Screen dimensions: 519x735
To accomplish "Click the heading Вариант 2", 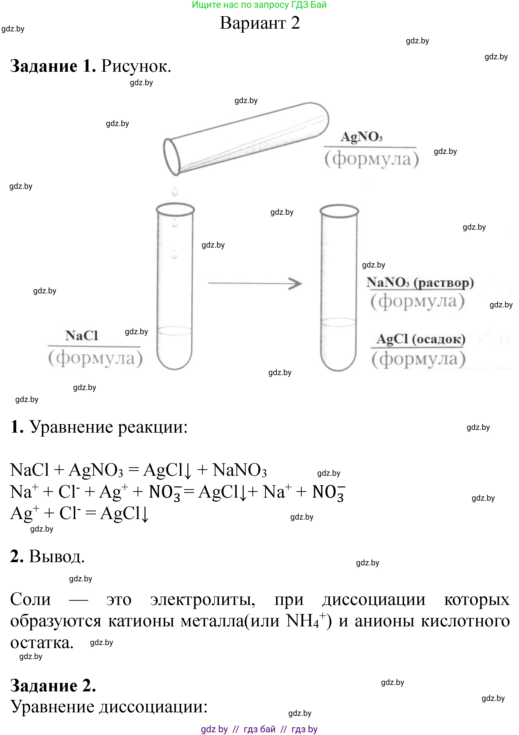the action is [260, 23].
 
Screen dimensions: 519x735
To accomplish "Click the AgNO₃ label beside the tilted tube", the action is [362, 137].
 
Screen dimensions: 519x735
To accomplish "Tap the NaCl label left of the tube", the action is [82, 335].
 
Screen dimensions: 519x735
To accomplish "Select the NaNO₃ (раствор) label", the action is [420, 282].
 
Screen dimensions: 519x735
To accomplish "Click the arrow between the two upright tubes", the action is [255, 283].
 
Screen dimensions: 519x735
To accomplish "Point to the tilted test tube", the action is [246, 139].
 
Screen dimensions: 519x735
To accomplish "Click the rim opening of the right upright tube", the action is [339, 211].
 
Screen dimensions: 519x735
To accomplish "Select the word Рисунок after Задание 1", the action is [136, 66].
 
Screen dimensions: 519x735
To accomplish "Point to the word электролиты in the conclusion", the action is [202, 600].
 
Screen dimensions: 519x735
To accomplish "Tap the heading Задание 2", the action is [53, 685].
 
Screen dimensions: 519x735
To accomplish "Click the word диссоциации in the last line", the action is [153, 707].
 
